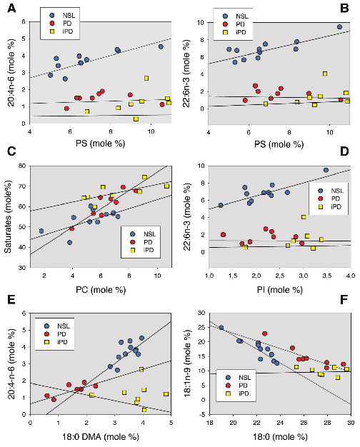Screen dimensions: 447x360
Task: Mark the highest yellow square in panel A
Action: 146,78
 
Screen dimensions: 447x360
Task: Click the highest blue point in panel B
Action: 339,27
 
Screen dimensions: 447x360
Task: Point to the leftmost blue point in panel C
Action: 41,231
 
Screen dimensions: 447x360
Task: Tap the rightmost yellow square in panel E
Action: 166,393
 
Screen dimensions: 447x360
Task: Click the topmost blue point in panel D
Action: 326,170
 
